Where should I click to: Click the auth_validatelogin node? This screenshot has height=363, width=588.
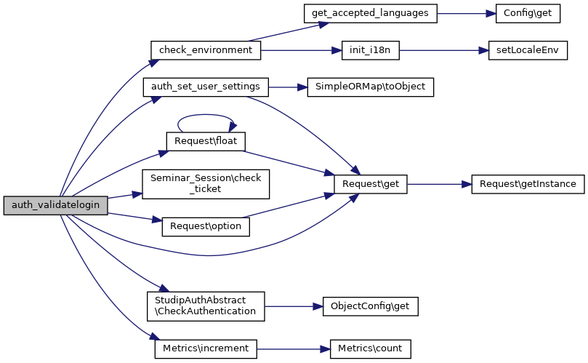tap(55, 206)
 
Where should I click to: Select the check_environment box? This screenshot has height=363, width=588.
tap(205, 51)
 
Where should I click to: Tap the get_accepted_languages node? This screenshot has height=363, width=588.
tap(370, 14)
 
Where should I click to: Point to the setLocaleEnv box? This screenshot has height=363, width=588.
tap(523, 51)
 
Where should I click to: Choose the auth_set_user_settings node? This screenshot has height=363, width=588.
tap(206, 87)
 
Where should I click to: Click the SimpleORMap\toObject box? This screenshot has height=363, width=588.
tap(371, 87)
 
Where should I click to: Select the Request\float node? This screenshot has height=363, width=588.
tap(206, 140)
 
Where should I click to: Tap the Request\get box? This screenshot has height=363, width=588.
tap(370, 184)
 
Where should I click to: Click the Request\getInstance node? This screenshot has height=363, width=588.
tap(528, 184)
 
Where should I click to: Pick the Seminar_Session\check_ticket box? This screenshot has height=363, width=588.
tap(206, 184)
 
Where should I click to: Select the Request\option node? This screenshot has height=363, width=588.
tap(206, 226)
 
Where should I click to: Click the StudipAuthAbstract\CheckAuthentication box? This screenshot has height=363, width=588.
tap(206, 306)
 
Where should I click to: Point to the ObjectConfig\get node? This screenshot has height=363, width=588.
tap(371, 306)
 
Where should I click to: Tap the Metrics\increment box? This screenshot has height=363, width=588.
tap(206, 348)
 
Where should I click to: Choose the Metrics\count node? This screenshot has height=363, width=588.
tap(371, 348)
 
